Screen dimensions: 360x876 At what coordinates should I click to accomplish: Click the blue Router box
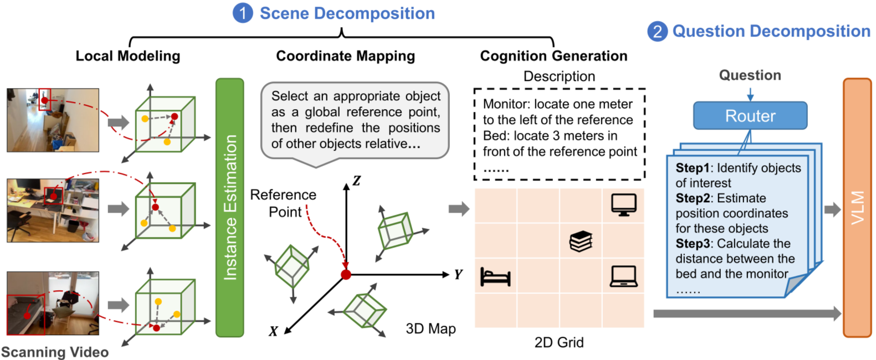750,116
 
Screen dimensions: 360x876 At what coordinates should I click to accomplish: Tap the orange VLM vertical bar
857,208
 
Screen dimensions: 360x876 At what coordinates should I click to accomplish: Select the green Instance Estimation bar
229,208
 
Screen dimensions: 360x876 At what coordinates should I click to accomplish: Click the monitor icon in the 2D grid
623,205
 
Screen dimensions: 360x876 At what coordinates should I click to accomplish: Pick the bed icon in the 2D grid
495,276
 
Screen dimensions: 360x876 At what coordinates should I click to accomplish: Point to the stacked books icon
581,241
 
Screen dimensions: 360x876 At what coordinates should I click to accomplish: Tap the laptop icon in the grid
623,276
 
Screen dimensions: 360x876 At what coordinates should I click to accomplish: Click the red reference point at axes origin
346,274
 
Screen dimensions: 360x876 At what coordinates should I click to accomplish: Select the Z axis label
356,181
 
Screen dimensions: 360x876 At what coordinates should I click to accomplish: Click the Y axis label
458,274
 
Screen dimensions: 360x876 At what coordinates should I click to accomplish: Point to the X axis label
273,331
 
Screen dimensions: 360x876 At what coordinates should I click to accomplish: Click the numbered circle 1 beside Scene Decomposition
243,13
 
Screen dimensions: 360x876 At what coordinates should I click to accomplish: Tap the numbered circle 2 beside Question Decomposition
657,31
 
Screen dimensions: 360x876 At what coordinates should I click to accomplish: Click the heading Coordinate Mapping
345,56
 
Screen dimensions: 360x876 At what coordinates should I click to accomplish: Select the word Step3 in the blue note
692,244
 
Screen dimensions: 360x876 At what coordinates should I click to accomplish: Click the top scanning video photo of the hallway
53,120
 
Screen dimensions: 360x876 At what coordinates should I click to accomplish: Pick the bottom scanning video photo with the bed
53,303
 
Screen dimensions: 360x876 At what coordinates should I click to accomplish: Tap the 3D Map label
431,328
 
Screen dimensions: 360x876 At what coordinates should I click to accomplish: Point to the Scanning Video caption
54,352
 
